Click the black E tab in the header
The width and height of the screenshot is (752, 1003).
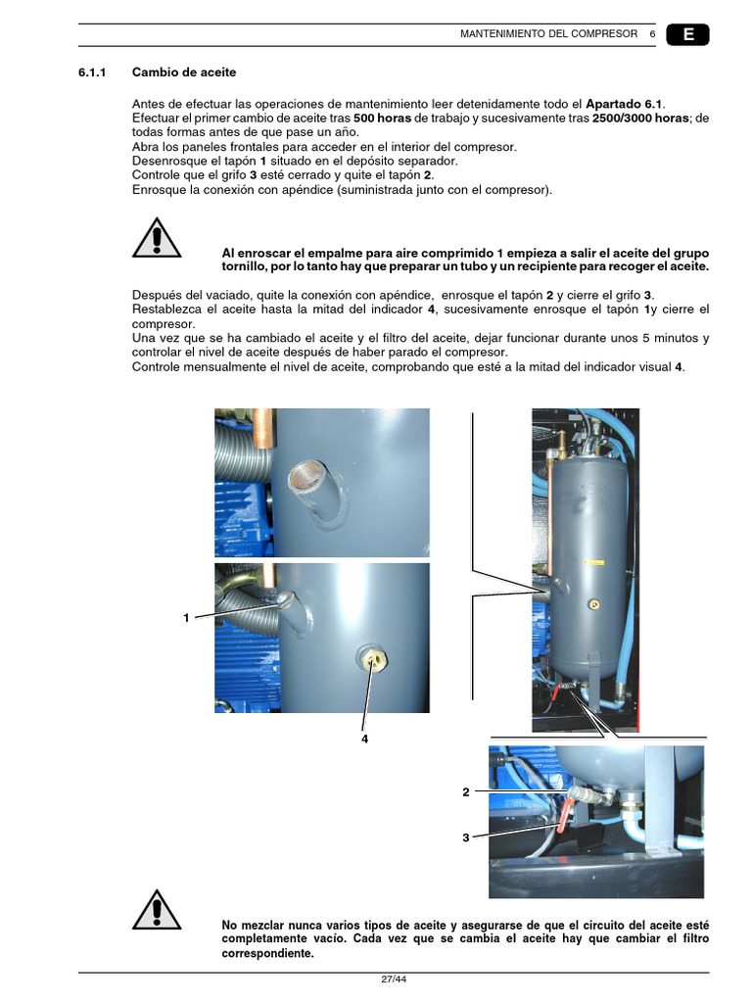pos(687,34)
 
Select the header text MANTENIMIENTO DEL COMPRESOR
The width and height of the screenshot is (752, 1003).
pos(548,34)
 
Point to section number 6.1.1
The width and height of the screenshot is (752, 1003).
pos(97,72)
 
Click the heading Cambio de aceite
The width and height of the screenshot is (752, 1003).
pos(184,72)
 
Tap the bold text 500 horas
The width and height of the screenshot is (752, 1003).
pos(382,119)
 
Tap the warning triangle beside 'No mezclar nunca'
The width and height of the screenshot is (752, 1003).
pos(156,910)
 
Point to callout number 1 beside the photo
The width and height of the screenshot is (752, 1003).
pos(186,617)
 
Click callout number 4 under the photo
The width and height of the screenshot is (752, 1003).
pos(364,740)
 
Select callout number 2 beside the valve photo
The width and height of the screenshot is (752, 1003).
pos(466,791)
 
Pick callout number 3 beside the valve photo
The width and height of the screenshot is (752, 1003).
pos(466,837)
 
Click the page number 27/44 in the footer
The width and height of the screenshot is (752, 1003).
pos(394,980)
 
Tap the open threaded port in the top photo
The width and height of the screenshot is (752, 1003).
pos(304,479)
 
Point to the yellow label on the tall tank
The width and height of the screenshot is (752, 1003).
pos(592,562)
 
